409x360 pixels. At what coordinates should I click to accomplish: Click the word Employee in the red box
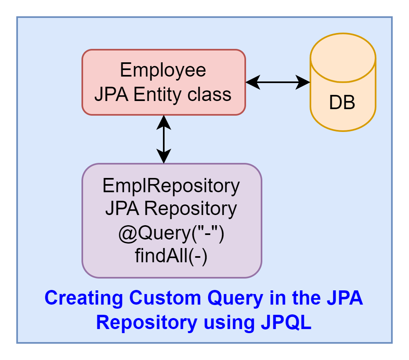(x=163, y=70)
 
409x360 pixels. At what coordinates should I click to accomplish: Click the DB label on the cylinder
(x=342, y=103)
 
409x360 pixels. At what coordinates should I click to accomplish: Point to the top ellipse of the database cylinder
(x=343, y=58)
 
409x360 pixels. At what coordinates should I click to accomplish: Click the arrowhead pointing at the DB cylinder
(x=303, y=82)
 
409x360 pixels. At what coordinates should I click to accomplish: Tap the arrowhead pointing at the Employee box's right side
(x=253, y=82)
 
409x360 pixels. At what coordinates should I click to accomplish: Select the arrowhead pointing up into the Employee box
(x=164, y=123)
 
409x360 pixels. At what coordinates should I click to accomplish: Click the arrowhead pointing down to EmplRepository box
(x=164, y=156)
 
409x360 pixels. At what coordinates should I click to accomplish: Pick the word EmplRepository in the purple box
(x=171, y=186)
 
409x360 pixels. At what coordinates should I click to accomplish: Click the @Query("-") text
(x=172, y=233)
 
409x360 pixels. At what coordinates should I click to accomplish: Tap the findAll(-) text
(x=171, y=256)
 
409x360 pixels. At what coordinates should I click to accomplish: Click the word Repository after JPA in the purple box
(x=190, y=209)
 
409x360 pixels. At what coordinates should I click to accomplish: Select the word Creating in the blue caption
(x=84, y=298)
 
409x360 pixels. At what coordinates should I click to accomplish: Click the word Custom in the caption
(x=165, y=298)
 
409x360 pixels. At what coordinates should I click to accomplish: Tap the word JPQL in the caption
(x=286, y=323)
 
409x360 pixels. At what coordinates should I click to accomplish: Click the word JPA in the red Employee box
(x=111, y=94)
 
